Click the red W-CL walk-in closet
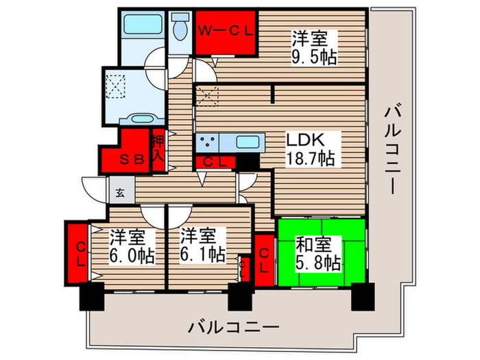point(225,32)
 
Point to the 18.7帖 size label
point(311,159)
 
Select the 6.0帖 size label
point(131,256)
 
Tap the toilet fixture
point(180,30)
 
